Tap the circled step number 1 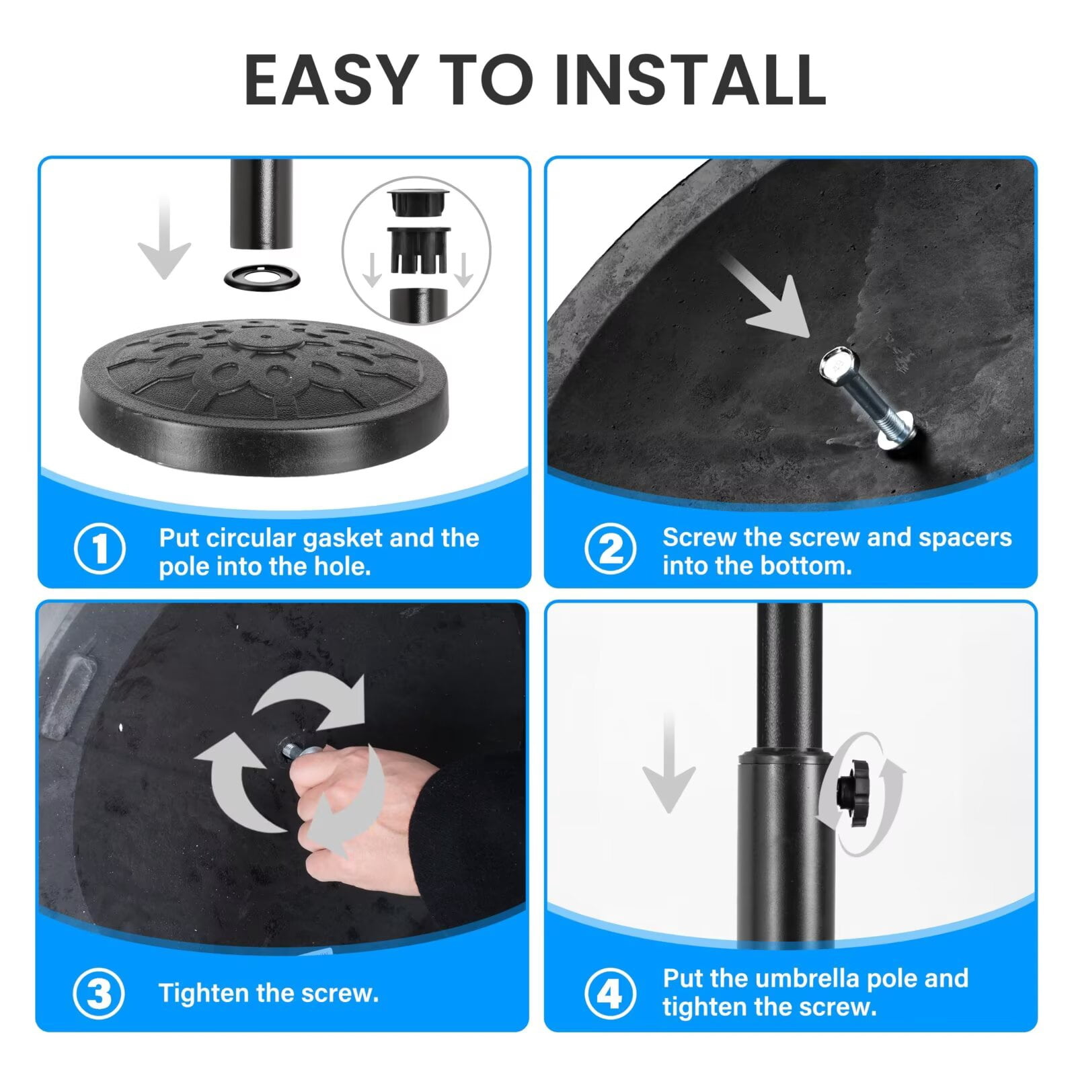point(100,548)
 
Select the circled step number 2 point(610,548)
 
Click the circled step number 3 point(98,993)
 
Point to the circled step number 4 point(610,993)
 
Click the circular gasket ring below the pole point(262,277)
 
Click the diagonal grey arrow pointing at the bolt point(767,296)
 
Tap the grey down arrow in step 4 point(668,763)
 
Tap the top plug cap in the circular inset point(417,200)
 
